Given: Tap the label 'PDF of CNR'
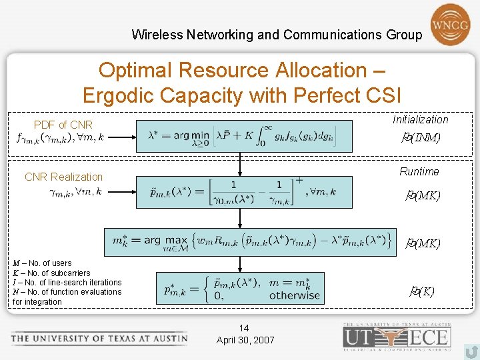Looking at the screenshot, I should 63,125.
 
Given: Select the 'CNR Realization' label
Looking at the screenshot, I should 63,177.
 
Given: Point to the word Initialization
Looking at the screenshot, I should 420,119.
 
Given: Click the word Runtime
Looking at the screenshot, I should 419,171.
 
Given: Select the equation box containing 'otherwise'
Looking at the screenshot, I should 241,287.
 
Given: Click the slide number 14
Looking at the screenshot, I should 245,328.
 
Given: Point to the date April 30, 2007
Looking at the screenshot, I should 245,340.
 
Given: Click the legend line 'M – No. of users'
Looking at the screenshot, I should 41,263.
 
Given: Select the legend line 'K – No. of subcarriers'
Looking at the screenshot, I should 51,273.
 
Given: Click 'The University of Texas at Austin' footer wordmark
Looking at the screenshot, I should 99,338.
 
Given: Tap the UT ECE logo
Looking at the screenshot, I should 396,335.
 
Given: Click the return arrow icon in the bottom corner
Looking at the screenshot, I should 471,351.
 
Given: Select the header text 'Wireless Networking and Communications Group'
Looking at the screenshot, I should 277,35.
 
